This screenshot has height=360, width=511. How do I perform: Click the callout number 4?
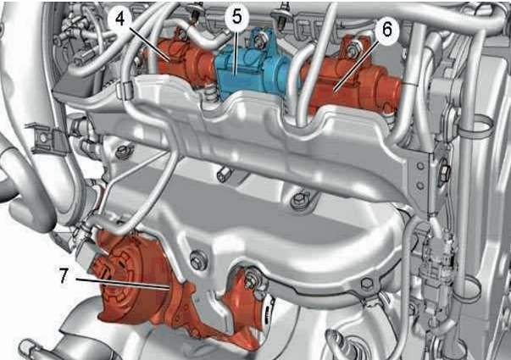click(x=120, y=19)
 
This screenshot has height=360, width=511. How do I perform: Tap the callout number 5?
click(x=237, y=16)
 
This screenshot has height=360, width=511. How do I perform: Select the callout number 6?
click(x=386, y=30)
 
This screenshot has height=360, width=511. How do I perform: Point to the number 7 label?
click(x=64, y=275)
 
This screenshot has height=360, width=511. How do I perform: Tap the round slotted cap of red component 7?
click(x=117, y=274)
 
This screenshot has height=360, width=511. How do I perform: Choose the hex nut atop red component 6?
click(x=352, y=50)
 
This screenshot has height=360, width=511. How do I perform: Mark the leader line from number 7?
click(x=122, y=284)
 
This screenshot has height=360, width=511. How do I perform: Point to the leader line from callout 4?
click(x=149, y=44)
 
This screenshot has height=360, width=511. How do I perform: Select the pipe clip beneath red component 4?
click(x=125, y=90)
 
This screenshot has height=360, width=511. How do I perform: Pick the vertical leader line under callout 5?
click(x=237, y=49)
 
